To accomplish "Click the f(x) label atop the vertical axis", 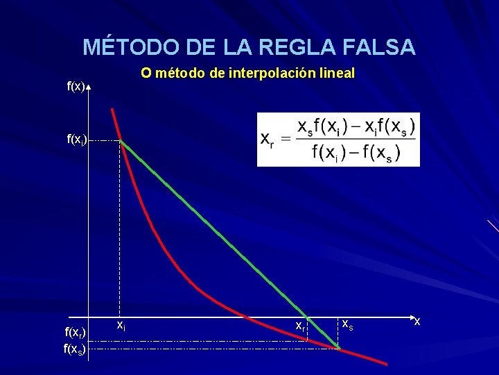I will (x=76, y=87).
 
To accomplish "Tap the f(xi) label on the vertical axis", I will (x=76, y=140).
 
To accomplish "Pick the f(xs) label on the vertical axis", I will (x=74, y=349).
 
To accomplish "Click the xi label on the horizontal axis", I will (x=121, y=324).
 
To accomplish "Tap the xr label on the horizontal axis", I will (x=300, y=325).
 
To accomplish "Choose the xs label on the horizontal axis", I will (x=348, y=324).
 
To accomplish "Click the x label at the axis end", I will (x=417, y=320).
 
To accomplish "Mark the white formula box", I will (x=338, y=140).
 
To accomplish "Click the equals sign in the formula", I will (x=284, y=139).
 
